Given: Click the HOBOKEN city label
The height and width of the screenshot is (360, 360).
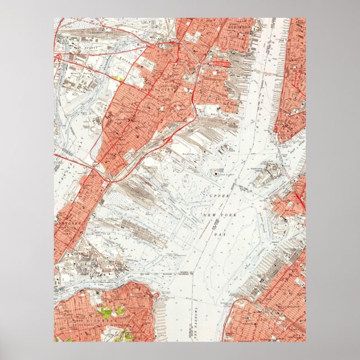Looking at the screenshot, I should tap(239, 26).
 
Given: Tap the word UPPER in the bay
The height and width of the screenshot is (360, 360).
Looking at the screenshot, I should tap(218, 197).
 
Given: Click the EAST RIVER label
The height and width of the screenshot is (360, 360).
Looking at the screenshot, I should tap(292, 151).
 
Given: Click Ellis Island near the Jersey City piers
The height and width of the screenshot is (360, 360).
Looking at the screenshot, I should tap(226, 150).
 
